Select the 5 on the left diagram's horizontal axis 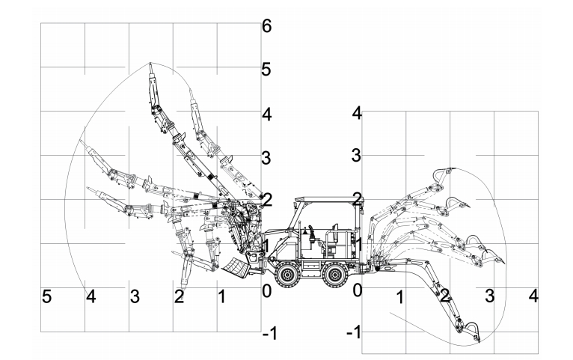click(46, 297)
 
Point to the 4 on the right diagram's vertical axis click(357, 113)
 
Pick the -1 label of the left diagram click(271, 334)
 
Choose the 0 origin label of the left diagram click(266, 290)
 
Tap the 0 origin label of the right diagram click(357, 289)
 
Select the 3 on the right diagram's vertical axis click(357, 156)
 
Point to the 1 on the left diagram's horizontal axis click(221, 297)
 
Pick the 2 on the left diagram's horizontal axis click(179, 297)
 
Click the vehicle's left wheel click(286, 275)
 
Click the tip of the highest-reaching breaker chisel click(150, 64)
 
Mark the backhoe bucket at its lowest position click(468, 332)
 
